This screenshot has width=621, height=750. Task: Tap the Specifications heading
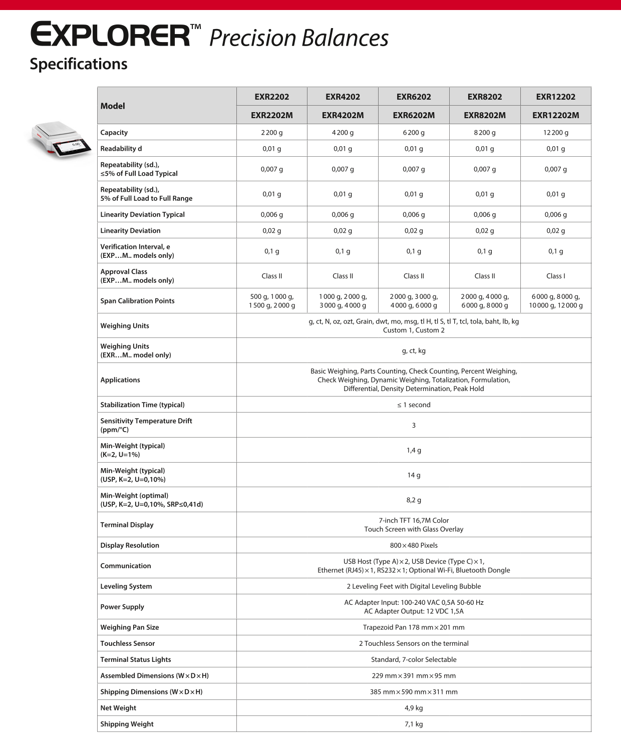point(79,64)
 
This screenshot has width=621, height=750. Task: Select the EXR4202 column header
point(343,97)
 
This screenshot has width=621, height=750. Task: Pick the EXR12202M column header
point(555,115)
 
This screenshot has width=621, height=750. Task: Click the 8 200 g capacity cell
point(485,133)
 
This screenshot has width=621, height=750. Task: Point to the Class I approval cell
point(555,276)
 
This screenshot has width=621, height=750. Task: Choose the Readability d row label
point(121,149)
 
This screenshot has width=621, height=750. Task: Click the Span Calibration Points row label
point(137,301)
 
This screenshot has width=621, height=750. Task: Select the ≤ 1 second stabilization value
point(414,405)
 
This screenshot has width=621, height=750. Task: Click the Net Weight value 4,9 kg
point(414,708)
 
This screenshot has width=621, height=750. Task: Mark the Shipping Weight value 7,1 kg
point(414,724)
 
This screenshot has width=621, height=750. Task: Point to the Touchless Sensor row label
point(128,643)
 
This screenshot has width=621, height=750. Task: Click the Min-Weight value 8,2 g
point(414,500)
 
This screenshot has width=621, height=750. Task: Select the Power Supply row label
point(122,607)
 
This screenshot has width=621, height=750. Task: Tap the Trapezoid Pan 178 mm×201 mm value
point(414,627)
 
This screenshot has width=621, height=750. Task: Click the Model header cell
point(113,106)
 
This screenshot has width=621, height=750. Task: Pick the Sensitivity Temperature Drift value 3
point(414,425)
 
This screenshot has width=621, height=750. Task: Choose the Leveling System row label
point(126,586)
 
